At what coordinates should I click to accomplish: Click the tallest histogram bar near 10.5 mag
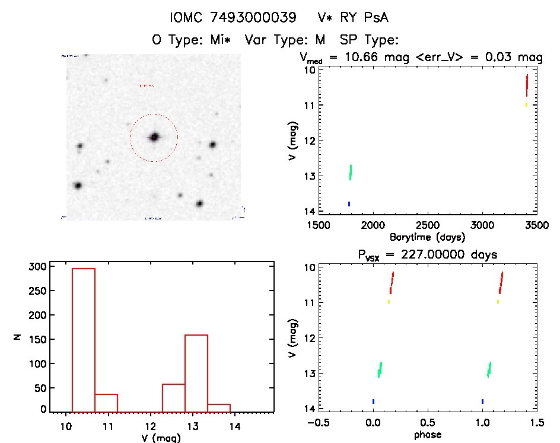pos(84,340)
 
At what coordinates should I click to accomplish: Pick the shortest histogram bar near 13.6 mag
pos(219,407)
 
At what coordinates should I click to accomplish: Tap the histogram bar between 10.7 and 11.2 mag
pos(106,403)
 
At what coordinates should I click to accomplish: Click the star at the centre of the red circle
pos(154,137)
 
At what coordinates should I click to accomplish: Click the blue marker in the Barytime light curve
pos(349,204)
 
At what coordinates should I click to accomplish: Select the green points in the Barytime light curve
pos(351,172)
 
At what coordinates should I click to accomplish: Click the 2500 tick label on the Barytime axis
pos(428,226)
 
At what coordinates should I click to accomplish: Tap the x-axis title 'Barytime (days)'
pos(427,237)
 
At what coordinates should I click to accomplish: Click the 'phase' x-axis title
pos(427,434)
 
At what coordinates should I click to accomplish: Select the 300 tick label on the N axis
pos(36,267)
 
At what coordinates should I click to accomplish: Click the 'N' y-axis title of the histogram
pos(18,337)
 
